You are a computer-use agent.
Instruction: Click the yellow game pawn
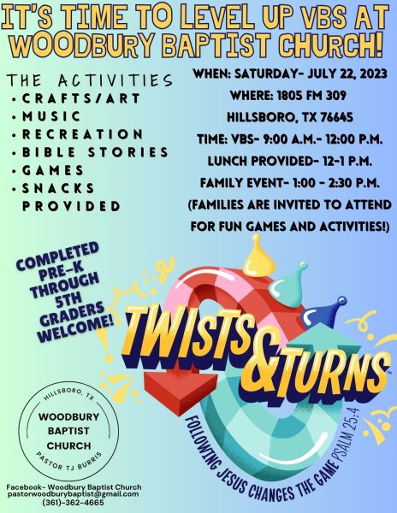tap(259, 258)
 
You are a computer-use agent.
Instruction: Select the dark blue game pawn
tap(323, 312)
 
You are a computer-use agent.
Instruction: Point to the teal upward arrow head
tap(323, 340)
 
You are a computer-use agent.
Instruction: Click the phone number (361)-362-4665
tap(74, 502)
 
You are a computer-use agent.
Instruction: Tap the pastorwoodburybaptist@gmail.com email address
tap(74, 494)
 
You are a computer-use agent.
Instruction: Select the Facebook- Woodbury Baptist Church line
tap(74, 486)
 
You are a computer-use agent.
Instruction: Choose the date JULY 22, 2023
tap(347, 74)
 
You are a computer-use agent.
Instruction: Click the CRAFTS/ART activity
tap(80, 98)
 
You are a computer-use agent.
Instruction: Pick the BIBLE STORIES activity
tap(95, 152)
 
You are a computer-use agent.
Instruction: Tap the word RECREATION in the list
tap(82, 134)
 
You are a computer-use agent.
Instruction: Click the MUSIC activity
tap(51, 116)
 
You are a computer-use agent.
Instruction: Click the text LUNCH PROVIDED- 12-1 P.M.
tap(290, 161)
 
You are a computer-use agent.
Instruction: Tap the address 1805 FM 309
tap(311, 96)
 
